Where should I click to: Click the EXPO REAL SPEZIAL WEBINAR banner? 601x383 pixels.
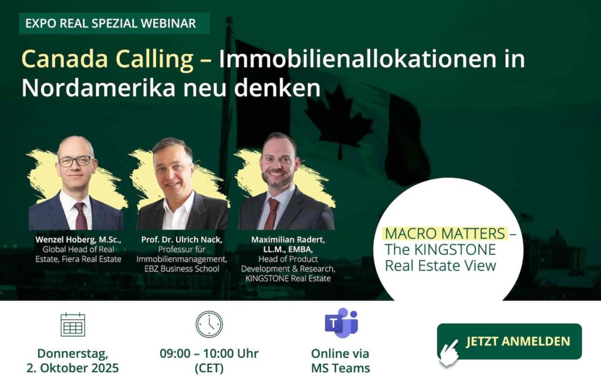(114, 23)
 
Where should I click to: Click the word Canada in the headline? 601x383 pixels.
(64, 59)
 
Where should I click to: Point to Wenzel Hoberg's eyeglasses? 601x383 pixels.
(76, 161)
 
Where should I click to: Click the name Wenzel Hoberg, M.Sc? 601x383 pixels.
(78, 240)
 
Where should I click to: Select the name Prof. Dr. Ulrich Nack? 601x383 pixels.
(182, 240)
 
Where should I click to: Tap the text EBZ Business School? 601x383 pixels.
(182, 268)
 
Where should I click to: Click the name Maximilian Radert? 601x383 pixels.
(288, 240)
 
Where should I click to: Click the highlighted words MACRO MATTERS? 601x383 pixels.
(445, 233)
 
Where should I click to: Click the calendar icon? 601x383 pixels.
(73, 325)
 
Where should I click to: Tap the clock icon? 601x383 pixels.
(209, 324)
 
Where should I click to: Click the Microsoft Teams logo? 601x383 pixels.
(341, 322)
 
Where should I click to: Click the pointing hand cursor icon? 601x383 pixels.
(449, 352)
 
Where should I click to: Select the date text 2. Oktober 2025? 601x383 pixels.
(72, 368)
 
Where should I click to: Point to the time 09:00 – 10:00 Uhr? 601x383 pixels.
(210, 354)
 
